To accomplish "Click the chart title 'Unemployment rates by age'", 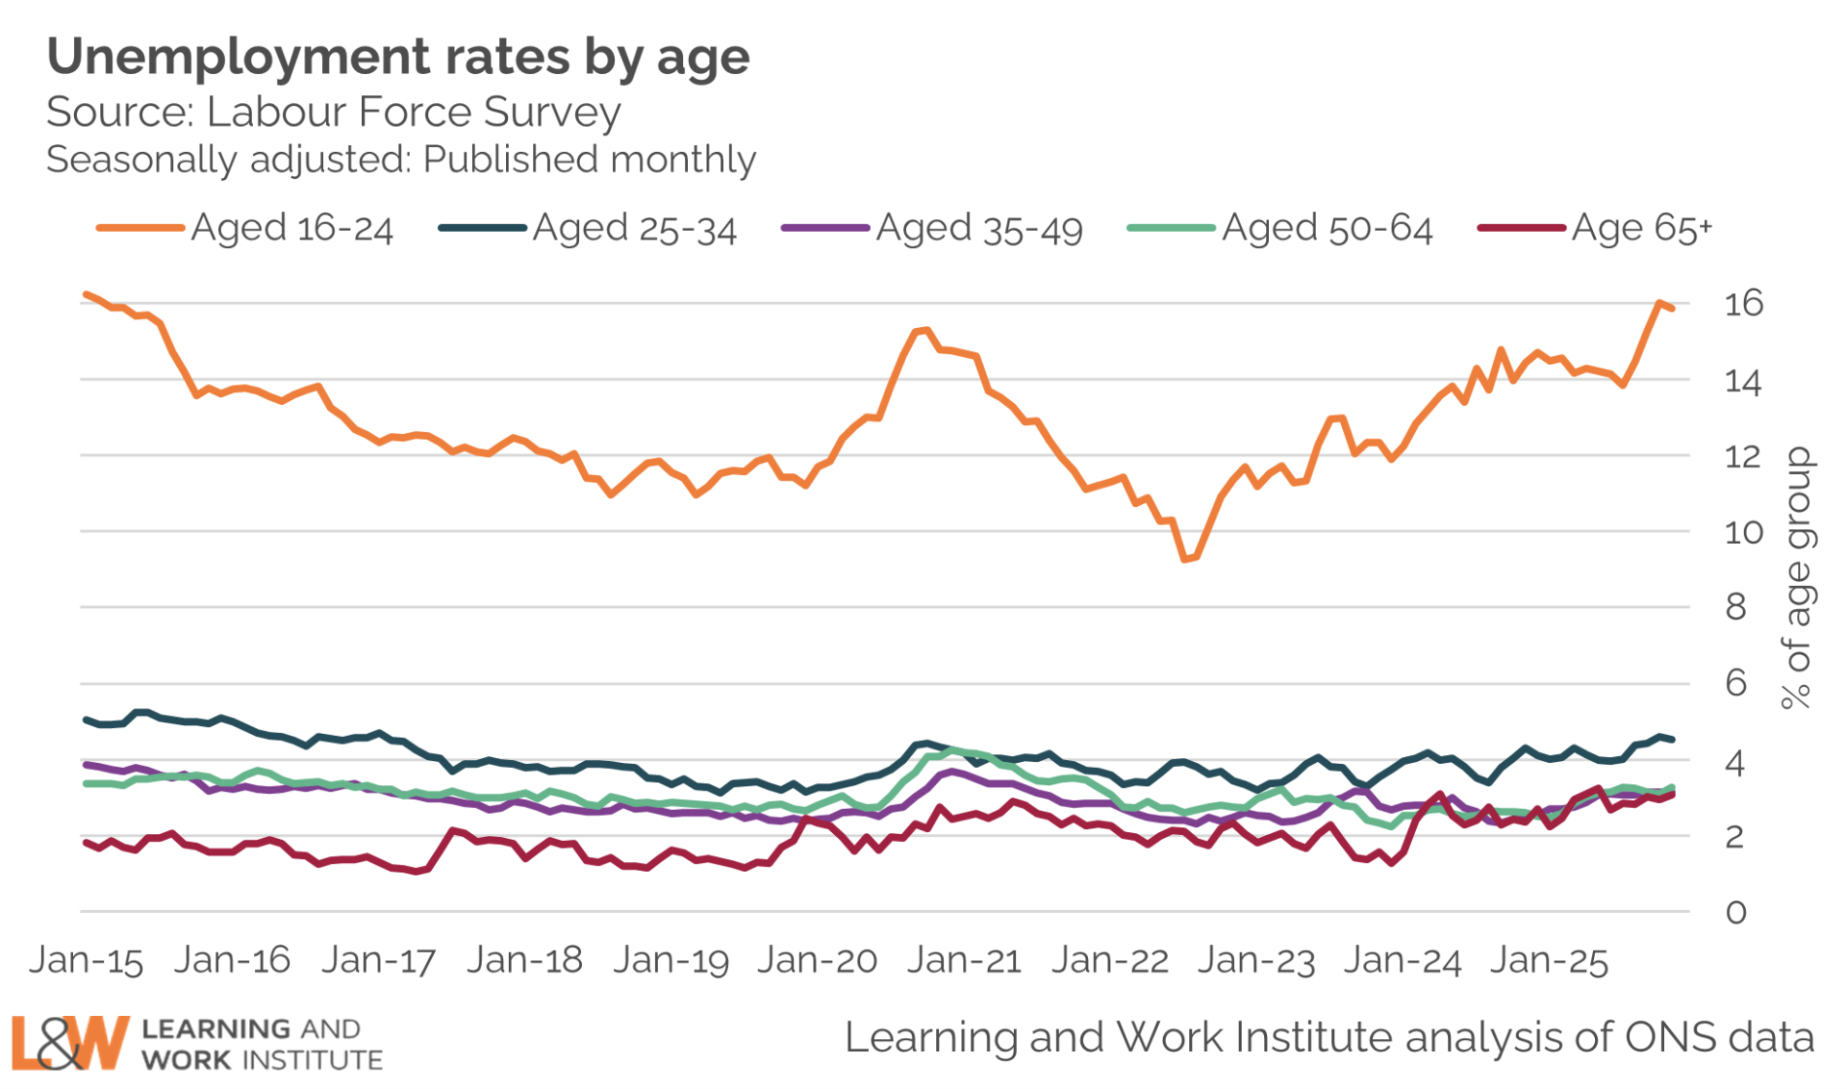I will click(x=397, y=57).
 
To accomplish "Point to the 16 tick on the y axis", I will click(x=1743, y=304).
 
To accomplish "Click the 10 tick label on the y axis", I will click(x=1743, y=532).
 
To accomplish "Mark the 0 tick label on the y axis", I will click(x=1735, y=912).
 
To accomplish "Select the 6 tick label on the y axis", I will click(x=1735, y=683).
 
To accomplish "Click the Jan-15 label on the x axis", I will click(x=87, y=960).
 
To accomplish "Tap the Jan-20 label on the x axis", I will click(x=817, y=960).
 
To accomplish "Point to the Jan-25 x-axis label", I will click(x=1549, y=960).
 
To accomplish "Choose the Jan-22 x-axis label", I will click(x=1109, y=960).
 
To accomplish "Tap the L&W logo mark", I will click(x=69, y=1043).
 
